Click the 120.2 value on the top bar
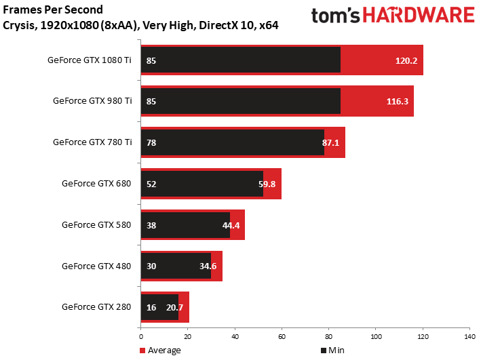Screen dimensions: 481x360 (x=406, y=61)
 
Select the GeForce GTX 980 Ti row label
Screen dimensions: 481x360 (x=92, y=100)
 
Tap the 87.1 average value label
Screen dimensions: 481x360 (x=330, y=142)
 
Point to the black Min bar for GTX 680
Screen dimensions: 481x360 (x=202, y=184)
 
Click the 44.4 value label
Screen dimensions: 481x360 (x=231, y=225)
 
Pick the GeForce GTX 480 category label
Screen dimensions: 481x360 (x=96, y=266)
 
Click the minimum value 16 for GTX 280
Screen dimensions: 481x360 (x=151, y=307)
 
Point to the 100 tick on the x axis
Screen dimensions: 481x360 (x=376, y=337)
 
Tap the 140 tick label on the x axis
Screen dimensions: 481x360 (x=470, y=337)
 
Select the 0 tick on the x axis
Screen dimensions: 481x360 (x=141, y=337)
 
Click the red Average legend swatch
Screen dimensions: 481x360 (x=142, y=351)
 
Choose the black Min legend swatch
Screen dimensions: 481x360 (x=324, y=351)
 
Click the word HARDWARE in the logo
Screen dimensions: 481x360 (x=419, y=16)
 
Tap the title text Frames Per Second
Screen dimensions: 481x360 (x=53, y=9)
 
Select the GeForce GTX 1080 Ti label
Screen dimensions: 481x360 (x=90, y=60)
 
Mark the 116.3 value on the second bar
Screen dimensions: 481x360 (x=398, y=102)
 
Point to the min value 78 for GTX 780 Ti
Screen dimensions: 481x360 (x=151, y=142)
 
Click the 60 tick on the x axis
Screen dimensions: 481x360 (x=282, y=337)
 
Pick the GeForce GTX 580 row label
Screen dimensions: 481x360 (x=96, y=225)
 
